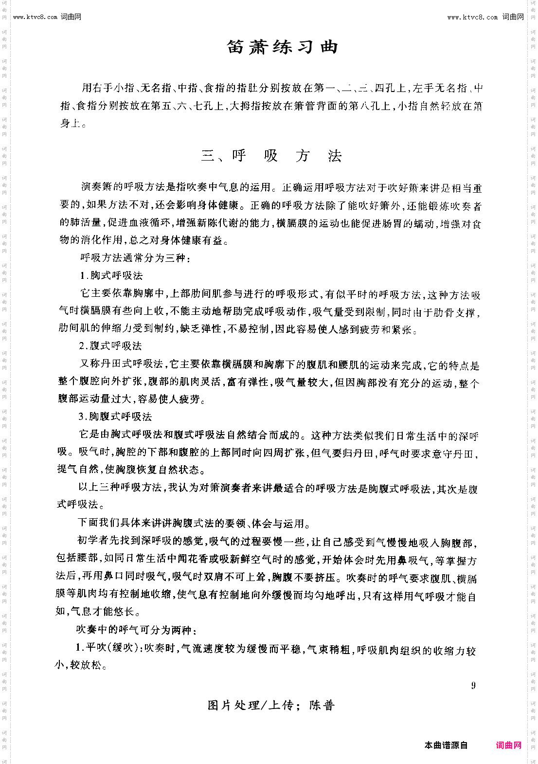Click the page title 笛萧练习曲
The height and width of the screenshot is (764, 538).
pyautogui.click(x=282, y=47)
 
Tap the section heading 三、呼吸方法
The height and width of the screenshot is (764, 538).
pyautogui.click(x=271, y=156)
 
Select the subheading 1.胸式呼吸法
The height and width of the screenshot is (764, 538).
pyautogui.click(x=111, y=275)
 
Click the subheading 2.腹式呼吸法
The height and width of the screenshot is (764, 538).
pyautogui.click(x=110, y=346)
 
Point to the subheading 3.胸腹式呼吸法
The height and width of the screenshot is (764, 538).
pyautogui.click(x=115, y=417)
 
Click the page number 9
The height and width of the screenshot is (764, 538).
pyautogui.click(x=473, y=686)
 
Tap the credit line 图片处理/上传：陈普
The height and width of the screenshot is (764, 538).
pyautogui.click(x=271, y=705)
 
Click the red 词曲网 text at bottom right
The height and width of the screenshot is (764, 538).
pyautogui.click(x=508, y=745)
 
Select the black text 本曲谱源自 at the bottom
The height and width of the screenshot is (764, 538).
pyautogui.click(x=446, y=745)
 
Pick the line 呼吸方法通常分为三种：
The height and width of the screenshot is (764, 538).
pyautogui.click(x=135, y=258)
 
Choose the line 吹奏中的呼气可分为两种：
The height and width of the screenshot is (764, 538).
pyautogui.click(x=136, y=630)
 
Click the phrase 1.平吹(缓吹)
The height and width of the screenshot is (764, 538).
pyautogui.click(x=108, y=648)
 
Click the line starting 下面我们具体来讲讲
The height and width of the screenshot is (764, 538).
pyautogui.click(x=194, y=524)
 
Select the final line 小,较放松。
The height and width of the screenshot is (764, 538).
pyautogui.click(x=81, y=665)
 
